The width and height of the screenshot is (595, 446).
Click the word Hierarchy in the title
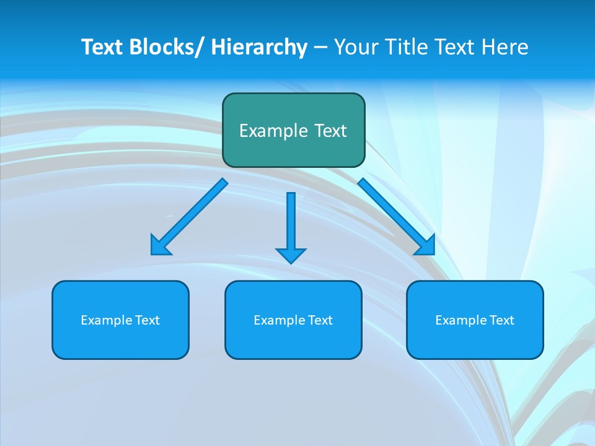[259, 47]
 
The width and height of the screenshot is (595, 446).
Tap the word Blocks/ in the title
[166, 47]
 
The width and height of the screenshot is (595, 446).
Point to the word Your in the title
[357, 47]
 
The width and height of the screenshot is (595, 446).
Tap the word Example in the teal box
[273, 131]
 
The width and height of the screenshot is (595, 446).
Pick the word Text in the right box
[502, 320]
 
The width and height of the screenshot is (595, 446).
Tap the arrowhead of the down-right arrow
[426, 247]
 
